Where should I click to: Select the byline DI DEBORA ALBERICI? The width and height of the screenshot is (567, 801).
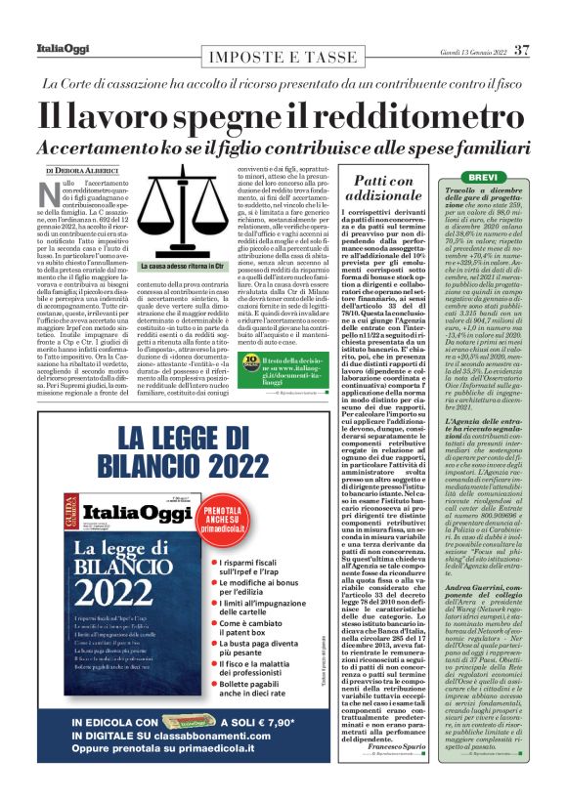click(x=88, y=171)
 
